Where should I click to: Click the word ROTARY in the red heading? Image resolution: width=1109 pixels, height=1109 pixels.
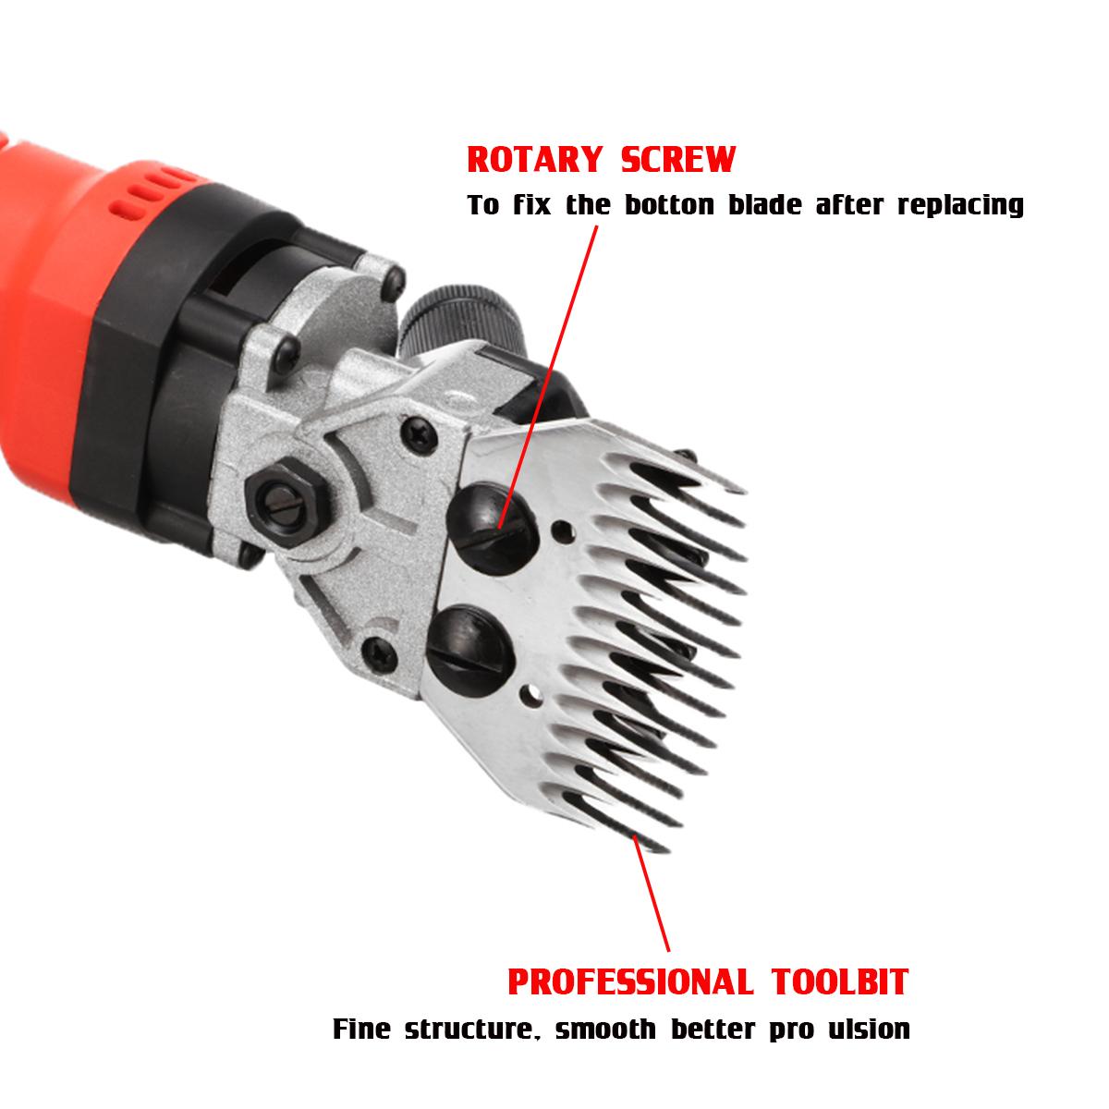pyautogui.click(x=535, y=159)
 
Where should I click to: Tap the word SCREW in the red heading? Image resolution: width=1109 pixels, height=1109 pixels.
pyautogui.click(x=678, y=159)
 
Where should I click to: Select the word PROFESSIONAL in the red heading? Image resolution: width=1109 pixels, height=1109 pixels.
pyautogui.click(x=630, y=933)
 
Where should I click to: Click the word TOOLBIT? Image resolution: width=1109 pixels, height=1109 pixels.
pyautogui.click(x=840, y=933)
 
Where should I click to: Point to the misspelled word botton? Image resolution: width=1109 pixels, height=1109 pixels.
pyautogui.click(x=669, y=205)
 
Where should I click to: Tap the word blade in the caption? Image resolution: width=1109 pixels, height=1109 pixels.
pyautogui.click(x=765, y=205)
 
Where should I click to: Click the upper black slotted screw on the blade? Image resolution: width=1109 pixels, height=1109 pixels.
pyautogui.click(x=493, y=530)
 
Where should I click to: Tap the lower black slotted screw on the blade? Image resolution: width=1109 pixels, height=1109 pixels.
pyautogui.click(x=470, y=650)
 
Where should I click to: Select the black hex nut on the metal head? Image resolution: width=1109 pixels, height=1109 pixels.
pyautogui.click(x=286, y=496)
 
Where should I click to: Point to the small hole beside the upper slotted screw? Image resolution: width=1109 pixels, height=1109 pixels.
pyautogui.click(x=562, y=529)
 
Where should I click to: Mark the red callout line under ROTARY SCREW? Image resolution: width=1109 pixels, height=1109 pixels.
pyautogui.click(x=548, y=377)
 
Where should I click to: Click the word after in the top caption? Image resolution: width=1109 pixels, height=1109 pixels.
pyautogui.click(x=849, y=205)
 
